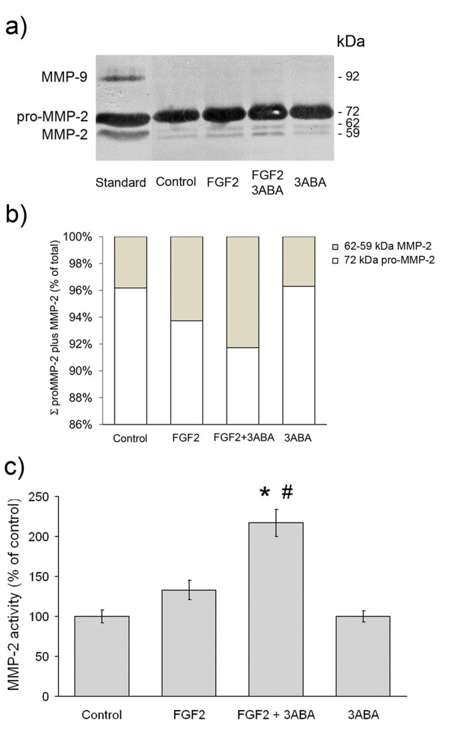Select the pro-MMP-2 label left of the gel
(x=49, y=118)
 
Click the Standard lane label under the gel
(x=121, y=183)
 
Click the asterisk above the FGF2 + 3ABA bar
(x=265, y=493)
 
